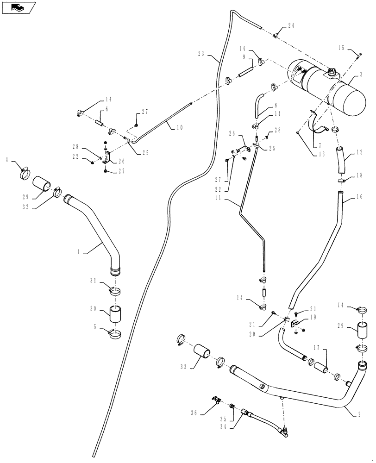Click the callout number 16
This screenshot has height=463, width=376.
(x=360, y=197)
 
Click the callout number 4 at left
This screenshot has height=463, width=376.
(x=6, y=160)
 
